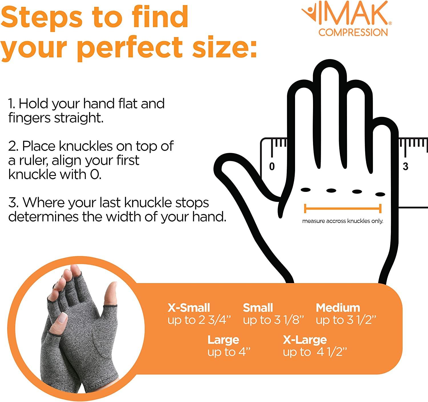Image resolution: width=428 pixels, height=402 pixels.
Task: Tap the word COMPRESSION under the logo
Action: [353, 32]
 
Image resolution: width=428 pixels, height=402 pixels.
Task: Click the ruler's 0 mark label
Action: [272, 167]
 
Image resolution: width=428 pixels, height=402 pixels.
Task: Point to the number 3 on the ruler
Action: [405, 167]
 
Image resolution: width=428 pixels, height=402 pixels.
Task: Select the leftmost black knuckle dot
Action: [306, 190]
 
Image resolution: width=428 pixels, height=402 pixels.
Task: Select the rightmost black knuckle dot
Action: [380, 194]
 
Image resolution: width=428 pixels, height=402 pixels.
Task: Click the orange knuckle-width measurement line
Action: [342, 208]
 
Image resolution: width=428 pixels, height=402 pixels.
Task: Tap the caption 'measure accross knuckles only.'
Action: [342, 221]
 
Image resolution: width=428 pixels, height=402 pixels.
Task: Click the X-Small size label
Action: [189, 308]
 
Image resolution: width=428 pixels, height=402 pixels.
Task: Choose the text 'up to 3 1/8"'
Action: [273, 320]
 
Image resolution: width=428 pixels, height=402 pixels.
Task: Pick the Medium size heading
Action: [338, 308]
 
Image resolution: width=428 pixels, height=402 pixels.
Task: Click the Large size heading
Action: [223, 340]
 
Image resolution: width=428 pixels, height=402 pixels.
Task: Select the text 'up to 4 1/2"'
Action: [315, 352]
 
